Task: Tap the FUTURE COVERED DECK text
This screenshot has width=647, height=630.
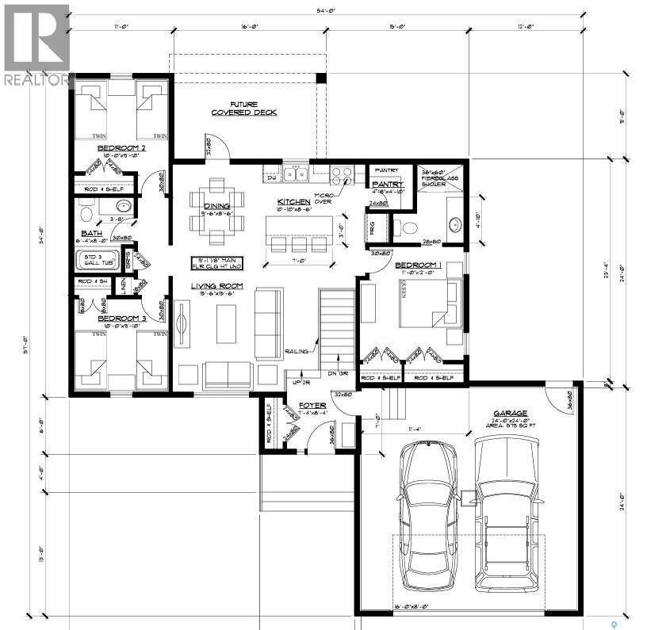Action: [x=243, y=109]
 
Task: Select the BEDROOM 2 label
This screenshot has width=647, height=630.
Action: [x=121, y=148]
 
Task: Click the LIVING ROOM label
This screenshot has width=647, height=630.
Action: [x=216, y=286]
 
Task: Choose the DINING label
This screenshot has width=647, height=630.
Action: [x=214, y=206]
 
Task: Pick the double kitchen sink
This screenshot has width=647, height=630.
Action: [x=297, y=174]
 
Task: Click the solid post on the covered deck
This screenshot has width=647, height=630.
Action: [x=321, y=78]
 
